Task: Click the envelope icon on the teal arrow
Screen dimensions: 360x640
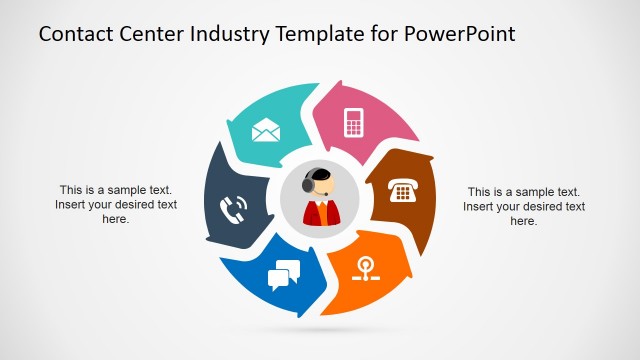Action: pyautogui.click(x=266, y=130)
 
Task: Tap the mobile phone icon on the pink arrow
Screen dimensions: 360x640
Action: pyautogui.click(x=352, y=122)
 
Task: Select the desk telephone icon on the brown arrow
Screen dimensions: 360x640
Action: pyautogui.click(x=403, y=191)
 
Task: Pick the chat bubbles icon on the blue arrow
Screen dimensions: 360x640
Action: pyautogui.click(x=284, y=274)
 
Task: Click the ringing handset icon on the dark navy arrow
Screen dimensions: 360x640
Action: pyautogui.click(x=233, y=209)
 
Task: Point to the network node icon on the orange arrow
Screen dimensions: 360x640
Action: pyautogui.click(x=367, y=268)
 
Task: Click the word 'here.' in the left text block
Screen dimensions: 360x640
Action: pyautogui.click(x=116, y=219)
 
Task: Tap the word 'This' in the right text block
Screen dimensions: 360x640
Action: pyautogui.click(x=480, y=191)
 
